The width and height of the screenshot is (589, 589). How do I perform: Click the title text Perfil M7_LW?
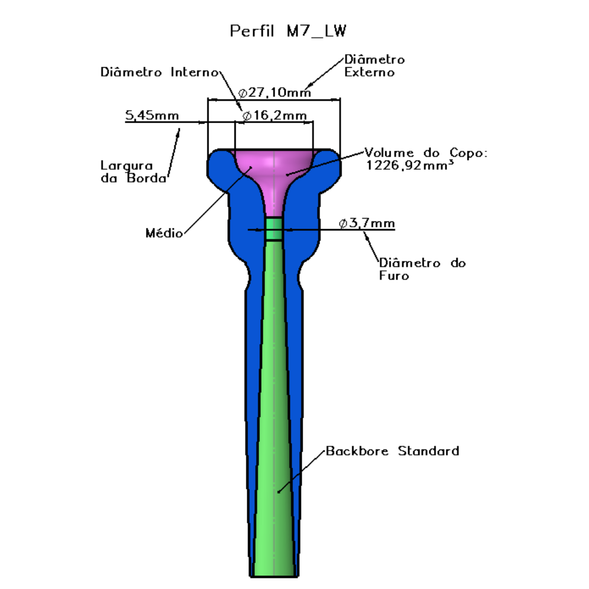pos(288,31)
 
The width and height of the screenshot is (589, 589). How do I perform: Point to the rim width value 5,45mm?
pos(152,115)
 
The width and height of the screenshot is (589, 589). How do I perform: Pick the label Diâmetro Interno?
pos(160,72)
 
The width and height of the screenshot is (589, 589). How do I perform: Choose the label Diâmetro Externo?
pos(375,66)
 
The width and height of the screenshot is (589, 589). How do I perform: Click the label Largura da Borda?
pos(133,171)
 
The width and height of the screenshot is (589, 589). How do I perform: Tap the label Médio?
pos(164,233)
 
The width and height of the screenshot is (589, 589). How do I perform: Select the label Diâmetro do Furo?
pos(422,269)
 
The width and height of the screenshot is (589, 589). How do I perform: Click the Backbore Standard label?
pos(392,451)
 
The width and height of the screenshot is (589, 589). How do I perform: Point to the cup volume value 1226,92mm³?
pos(410,166)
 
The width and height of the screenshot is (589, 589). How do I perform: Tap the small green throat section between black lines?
pos(274,229)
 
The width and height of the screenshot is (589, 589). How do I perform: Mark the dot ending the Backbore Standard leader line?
pos(279,492)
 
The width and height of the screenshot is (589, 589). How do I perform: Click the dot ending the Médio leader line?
pos(251,167)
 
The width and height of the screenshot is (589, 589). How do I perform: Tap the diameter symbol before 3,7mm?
pos(343,224)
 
